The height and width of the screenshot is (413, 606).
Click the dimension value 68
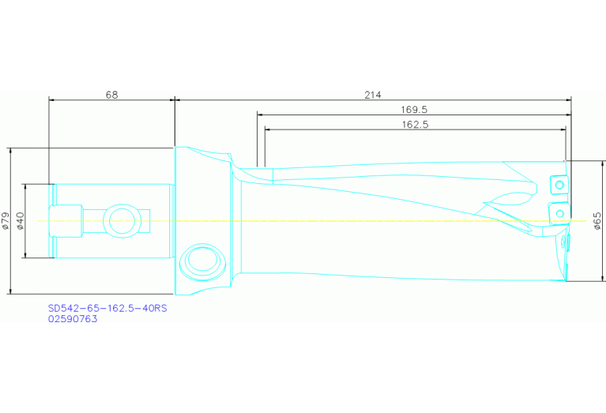(111, 94)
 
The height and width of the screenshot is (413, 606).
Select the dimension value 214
(372, 94)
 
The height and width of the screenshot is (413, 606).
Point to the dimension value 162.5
(416, 124)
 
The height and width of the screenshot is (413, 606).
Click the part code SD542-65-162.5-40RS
(107, 309)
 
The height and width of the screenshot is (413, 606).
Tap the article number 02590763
(73, 320)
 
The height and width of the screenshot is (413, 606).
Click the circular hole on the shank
(122, 220)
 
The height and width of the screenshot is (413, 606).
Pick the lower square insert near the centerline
(559, 213)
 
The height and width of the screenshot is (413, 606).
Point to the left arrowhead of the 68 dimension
(52, 100)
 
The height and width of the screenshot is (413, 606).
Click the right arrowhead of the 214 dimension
(567, 100)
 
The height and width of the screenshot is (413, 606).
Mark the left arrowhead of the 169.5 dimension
(260, 115)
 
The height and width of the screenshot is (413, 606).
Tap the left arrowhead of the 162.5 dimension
(268, 130)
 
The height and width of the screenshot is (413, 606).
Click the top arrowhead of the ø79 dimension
(10, 150)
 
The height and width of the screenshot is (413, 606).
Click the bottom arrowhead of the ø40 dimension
(26, 253)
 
